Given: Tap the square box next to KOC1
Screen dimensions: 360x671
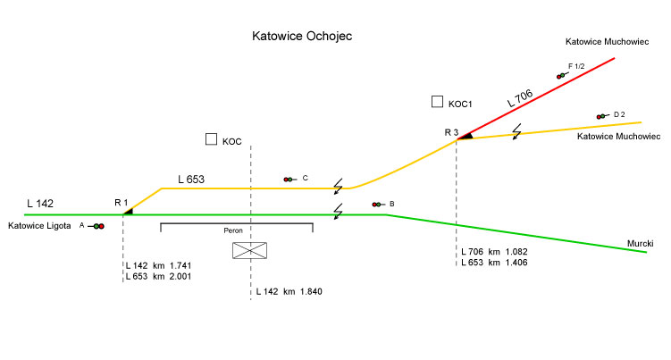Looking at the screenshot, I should (437, 102).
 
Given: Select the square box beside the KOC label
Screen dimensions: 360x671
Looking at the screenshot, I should (211, 139).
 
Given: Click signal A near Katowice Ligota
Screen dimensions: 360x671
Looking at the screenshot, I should (96, 226).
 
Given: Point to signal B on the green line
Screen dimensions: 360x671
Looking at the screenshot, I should (379, 205).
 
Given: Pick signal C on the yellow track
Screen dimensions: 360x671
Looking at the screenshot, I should (289, 180).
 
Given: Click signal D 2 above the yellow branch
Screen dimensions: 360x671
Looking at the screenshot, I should (602, 115).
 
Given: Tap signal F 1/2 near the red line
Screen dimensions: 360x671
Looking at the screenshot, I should (561, 76).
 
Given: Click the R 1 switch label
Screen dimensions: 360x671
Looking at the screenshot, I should (122, 203).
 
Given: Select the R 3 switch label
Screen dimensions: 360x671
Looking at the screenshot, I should (451, 132).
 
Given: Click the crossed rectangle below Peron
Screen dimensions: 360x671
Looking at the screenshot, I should (250, 250).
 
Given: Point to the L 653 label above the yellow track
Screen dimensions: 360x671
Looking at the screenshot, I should (191, 180).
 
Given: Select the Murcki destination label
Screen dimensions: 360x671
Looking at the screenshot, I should (640, 243).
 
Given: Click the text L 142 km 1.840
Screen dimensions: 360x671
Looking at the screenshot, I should (288, 292).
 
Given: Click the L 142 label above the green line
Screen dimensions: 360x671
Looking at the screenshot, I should (42, 203).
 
